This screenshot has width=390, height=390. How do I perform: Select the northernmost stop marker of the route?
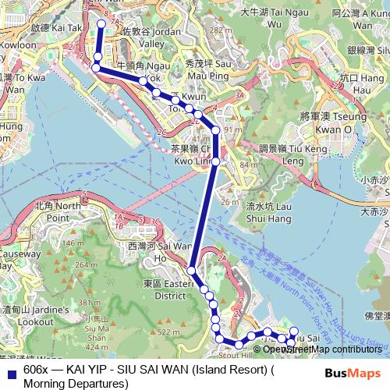point(101,23)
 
